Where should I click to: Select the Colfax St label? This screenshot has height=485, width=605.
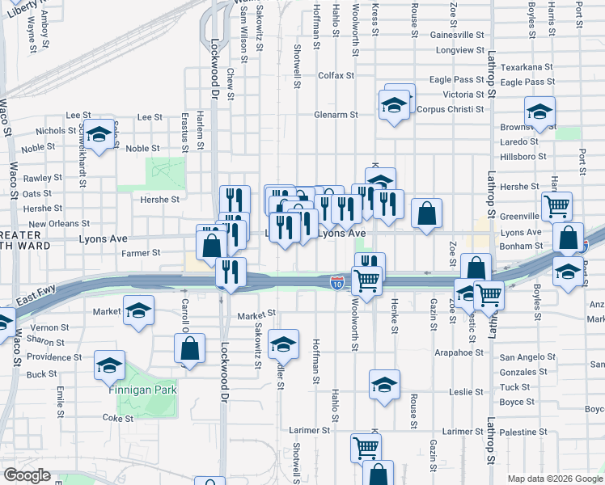pos(336,76)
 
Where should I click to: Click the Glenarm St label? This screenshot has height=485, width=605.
pos(336,115)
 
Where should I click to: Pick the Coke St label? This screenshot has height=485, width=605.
pos(117,418)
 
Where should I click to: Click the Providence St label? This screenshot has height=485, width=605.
pos(55,356)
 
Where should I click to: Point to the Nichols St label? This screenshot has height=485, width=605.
pos(56,130)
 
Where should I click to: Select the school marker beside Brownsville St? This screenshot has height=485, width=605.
pos(539,112)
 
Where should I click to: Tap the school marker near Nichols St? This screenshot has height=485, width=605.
pos(99,135)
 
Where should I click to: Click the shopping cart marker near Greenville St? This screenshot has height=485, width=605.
pos(556,206)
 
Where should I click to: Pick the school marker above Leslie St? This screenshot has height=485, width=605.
pos(384,385)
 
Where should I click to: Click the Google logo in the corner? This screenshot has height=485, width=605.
pos(27,475)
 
